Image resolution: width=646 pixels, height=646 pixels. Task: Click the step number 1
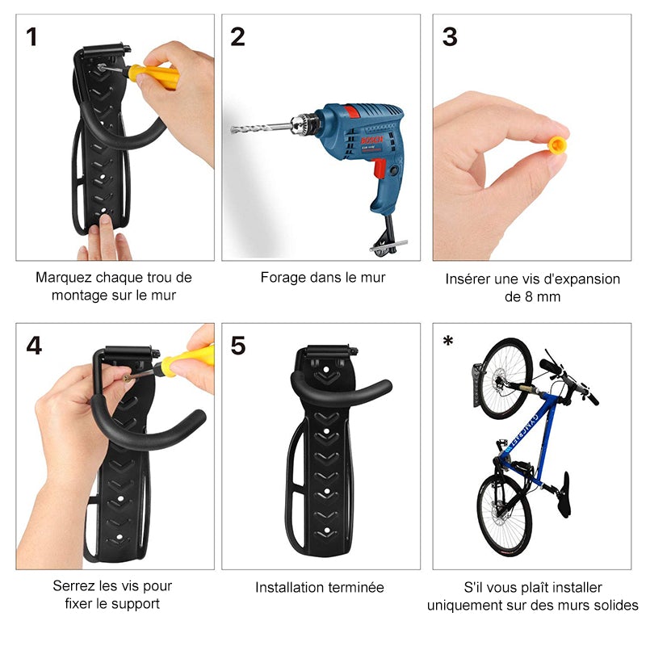tap(31, 37)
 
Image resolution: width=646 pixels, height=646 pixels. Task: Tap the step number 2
tap(237, 37)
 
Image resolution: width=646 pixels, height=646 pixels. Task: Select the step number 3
tap(450, 37)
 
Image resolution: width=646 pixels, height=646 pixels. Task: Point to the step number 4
tap(33, 346)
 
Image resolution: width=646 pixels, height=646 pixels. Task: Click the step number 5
tap(238, 346)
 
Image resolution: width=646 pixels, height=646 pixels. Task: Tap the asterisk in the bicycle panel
tap(447, 342)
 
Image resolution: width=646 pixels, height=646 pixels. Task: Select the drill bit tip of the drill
tap(235, 129)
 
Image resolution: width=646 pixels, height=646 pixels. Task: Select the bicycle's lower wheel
tap(505, 513)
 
